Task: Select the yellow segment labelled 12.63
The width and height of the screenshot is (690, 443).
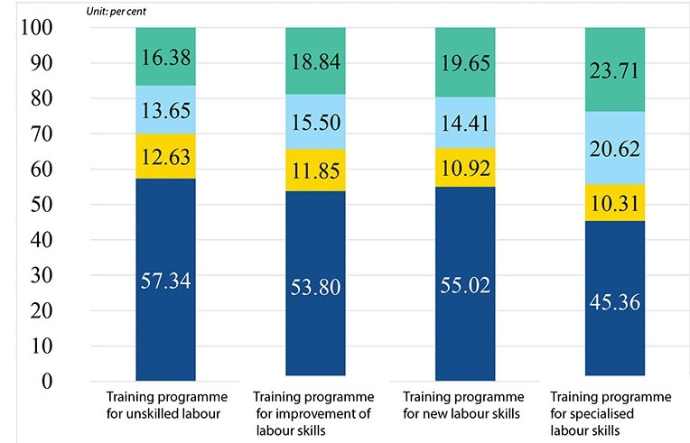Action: pos(165,157)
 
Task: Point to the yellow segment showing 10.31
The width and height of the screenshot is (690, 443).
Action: pos(615,203)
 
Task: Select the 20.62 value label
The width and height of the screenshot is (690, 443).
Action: pos(615,147)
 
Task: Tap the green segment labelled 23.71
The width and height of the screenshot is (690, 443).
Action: pos(615,69)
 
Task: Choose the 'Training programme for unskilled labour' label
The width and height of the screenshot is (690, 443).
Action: pos(165,405)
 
